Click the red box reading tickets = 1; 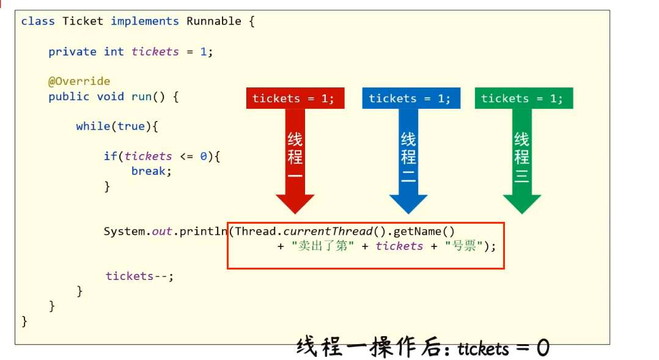click(x=295, y=98)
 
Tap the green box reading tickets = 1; click(x=523, y=98)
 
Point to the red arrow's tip click(x=295, y=212)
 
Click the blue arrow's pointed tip click(x=408, y=212)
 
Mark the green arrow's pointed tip click(x=522, y=212)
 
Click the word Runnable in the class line click(x=213, y=21)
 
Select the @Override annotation click(x=79, y=81)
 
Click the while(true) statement click(x=117, y=126)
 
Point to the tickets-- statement click(x=139, y=276)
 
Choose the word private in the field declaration click(x=72, y=52)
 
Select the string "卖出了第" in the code click(x=323, y=246)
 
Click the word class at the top click(x=38, y=21)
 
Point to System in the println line click(x=124, y=232)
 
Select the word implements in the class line click(x=145, y=21)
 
